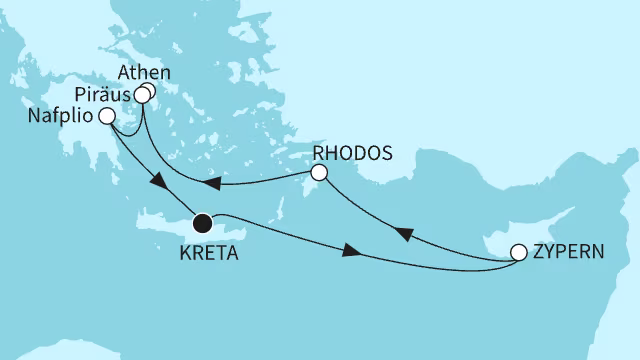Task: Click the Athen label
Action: (x=143, y=74)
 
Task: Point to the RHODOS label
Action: (x=347, y=154)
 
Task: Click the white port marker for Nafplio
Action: (x=106, y=116)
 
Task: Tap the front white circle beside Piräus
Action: (x=142, y=98)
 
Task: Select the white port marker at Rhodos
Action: (x=319, y=173)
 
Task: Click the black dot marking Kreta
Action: (x=203, y=222)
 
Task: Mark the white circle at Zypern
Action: (x=519, y=253)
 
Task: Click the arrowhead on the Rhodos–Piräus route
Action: (x=211, y=183)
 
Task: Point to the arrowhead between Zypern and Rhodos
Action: (x=403, y=233)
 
